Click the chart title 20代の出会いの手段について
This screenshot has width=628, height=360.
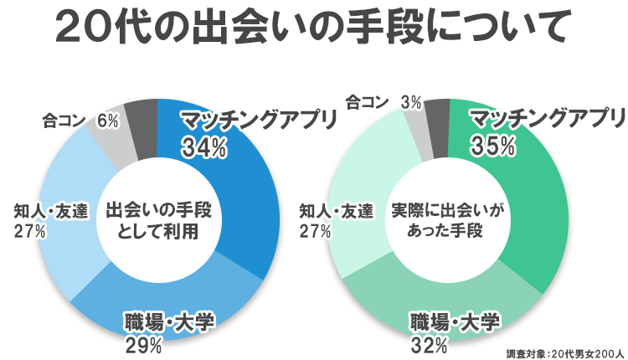(x=313, y=28)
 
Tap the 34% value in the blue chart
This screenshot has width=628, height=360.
(x=204, y=147)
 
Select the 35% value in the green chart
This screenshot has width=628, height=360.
(x=492, y=146)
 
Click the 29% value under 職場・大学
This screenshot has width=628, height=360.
(x=143, y=344)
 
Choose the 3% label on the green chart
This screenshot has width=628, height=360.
(x=410, y=102)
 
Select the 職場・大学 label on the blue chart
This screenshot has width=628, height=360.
(x=169, y=321)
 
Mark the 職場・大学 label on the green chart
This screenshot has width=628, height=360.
(x=455, y=321)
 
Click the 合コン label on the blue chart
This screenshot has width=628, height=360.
(x=64, y=121)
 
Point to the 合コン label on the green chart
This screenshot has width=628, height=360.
(x=367, y=102)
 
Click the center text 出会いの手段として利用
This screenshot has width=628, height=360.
(x=157, y=220)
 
